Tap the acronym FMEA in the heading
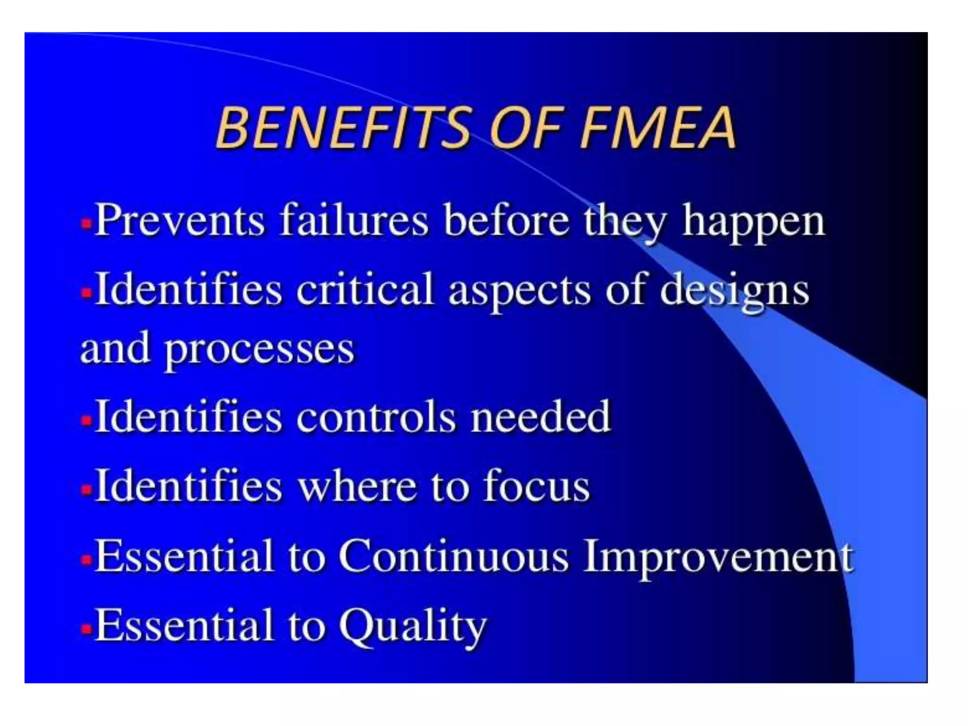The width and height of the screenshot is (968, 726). [657, 128]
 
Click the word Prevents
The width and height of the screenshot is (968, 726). [180, 220]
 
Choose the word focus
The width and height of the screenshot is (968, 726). [536, 486]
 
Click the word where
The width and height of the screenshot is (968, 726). [357, 486]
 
